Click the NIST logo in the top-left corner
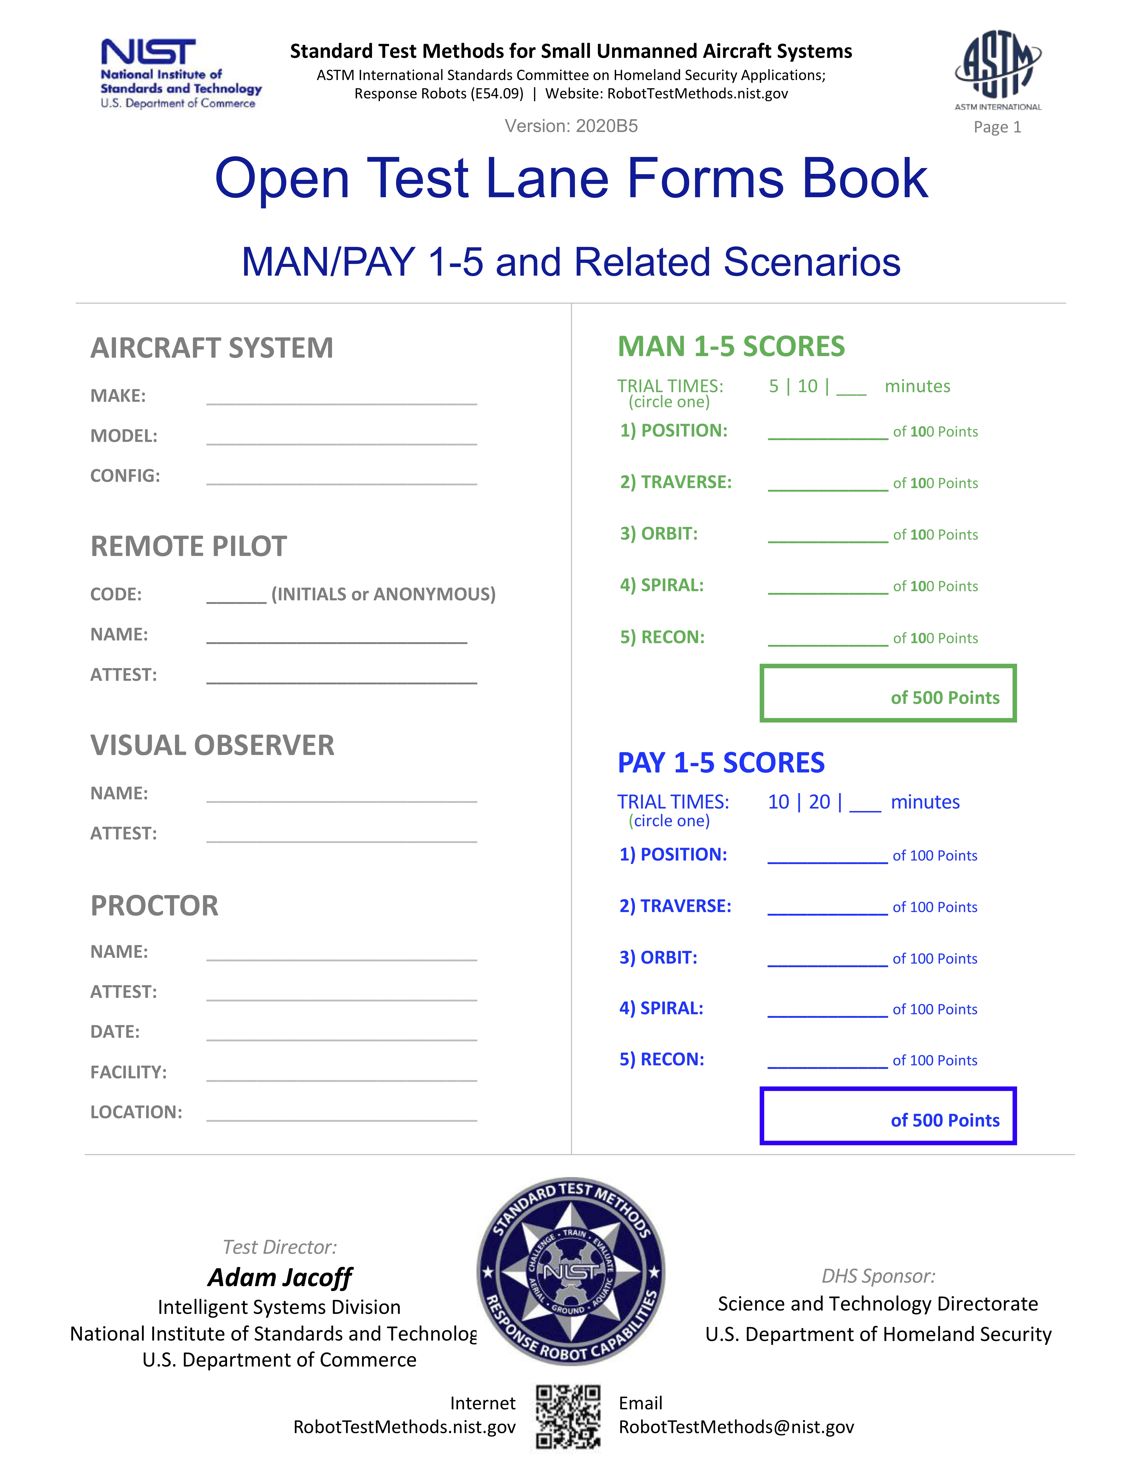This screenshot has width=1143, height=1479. [180, 73]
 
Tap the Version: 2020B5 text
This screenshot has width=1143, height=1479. [571, 126]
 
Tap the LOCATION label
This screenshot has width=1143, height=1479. [136, 1112]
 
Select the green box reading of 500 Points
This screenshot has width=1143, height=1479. [888, 694]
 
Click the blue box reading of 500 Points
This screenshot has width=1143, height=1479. [888, 1116]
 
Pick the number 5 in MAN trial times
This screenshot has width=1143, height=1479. [773, 386]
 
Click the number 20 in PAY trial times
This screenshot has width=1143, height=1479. [819, 802]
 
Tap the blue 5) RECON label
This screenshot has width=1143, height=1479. [662, 1059]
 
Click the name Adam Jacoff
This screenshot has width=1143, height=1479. [280, 1277]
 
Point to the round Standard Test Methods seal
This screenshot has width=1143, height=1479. [571, 1271]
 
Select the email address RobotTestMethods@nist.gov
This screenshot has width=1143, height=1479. [736, 1427]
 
